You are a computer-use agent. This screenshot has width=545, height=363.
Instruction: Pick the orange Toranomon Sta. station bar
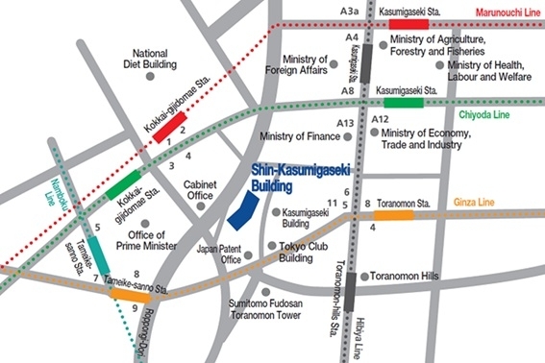coord(393,215)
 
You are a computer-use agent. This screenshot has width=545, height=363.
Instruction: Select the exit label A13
coord(345,124)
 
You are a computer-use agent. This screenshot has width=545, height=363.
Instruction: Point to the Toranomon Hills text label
coord(405,276)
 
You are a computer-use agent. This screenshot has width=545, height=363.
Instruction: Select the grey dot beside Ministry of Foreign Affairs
coord(334,63)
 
